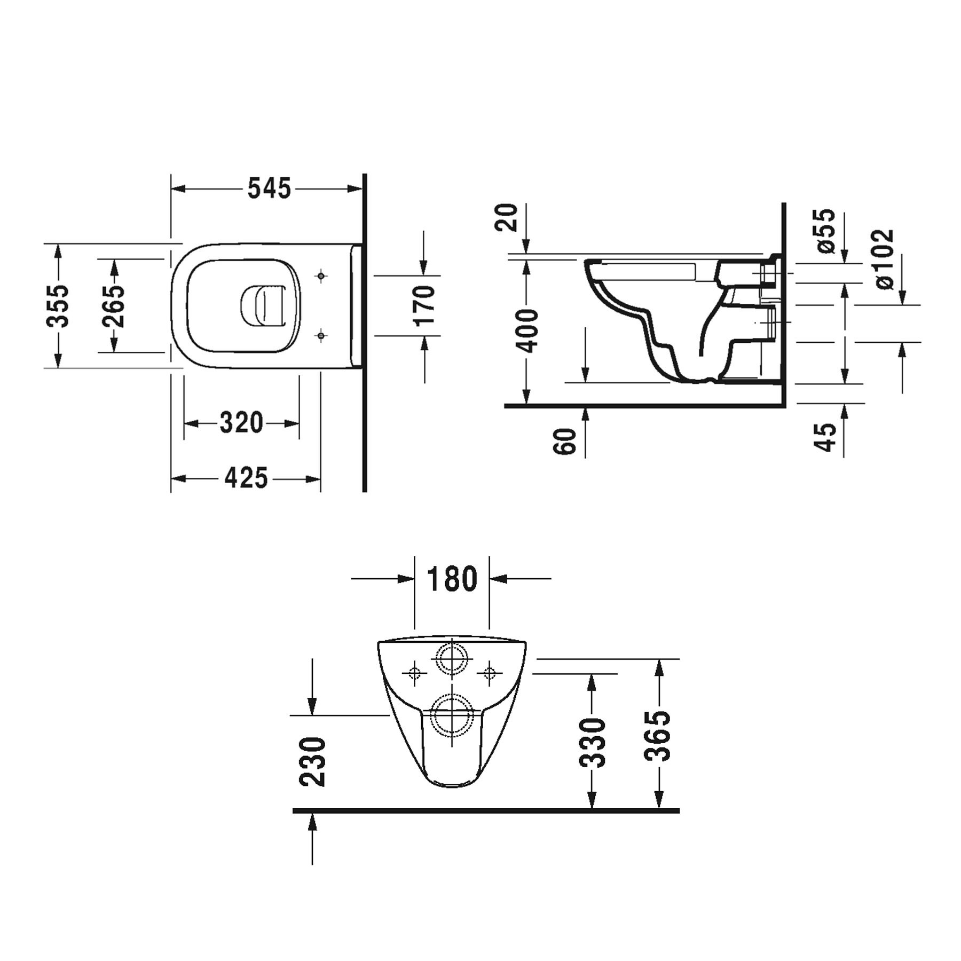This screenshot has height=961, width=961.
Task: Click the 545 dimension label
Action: (x=269, y=189)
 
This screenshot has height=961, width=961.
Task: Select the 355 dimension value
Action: (x=57, y=305)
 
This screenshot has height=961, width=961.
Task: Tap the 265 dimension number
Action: (x=114, y=306)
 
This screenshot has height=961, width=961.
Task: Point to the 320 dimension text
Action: (x=241, y=423)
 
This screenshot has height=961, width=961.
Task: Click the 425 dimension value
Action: (x=246, y=478)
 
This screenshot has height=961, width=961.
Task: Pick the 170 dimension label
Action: (x=425, y=305)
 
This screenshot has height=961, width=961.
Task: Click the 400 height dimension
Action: (x=529, y=330)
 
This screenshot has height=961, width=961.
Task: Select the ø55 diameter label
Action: (x=825, y=230)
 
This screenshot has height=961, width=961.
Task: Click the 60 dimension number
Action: (x=565, y=441)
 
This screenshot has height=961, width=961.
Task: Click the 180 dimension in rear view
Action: (x=452, y=579)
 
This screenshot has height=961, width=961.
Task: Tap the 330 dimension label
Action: (x=593, y=743)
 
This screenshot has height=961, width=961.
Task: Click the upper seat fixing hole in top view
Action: (x=320, y=276)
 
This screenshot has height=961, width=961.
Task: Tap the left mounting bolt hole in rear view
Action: (x=415, y=673)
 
